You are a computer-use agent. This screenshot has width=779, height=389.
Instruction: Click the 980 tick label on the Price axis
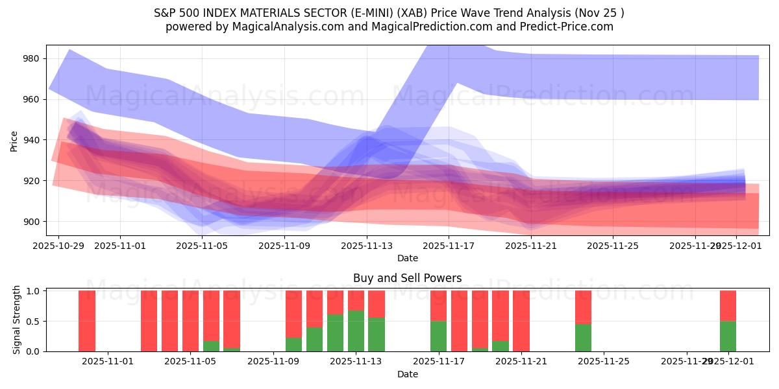[x=31, y=58]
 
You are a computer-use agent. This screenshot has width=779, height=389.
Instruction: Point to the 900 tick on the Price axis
[x=31, y=222]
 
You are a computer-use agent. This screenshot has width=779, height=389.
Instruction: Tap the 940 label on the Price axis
[x=31, y=140]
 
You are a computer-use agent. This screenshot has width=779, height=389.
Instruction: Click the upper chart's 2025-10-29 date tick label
[x=58, y=246]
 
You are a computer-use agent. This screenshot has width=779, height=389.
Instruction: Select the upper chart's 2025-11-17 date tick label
[x=449, y=246]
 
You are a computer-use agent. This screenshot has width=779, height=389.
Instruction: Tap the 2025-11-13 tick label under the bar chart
[x=356, y=361]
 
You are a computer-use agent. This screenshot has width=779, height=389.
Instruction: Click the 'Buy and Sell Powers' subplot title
[x=407, y=278]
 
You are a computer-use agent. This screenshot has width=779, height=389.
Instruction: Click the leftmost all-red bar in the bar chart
[x=87, y=321]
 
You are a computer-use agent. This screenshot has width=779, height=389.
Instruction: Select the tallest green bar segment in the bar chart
[x=356, y=331]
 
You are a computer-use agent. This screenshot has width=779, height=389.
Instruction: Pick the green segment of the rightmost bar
[x=728, y=336]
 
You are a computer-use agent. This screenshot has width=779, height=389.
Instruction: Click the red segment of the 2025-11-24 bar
[x=583, y=307]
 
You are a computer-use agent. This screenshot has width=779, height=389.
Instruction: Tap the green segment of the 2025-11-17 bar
[x=438, y=336]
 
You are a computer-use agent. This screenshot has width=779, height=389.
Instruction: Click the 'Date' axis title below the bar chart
[x=407, y=374]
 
